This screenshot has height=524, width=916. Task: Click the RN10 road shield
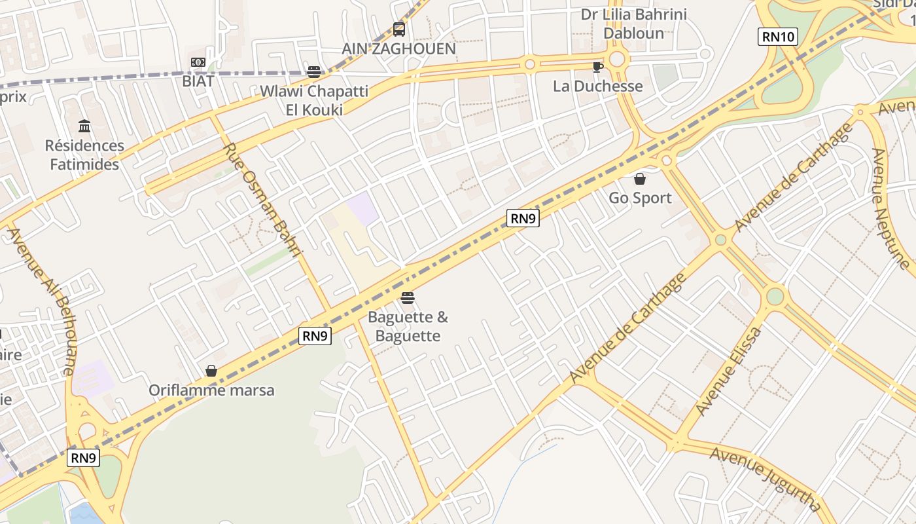[778, 37]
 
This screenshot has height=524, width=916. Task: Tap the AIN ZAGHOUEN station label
[398, 48]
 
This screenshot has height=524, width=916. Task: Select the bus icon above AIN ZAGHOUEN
[398, 29]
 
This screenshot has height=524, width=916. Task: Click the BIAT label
[198, 81]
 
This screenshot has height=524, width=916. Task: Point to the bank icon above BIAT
[198, 62]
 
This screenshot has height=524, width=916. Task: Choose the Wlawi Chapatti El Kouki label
[314, 100]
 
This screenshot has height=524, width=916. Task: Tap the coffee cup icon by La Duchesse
[597, 67]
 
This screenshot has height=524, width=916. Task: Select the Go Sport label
[640, 198]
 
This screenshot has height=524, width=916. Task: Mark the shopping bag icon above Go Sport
[640, 178]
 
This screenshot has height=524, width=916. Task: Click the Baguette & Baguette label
[408, 327]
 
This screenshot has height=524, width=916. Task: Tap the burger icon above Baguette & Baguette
[408, 298]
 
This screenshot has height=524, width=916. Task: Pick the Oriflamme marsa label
[211, 390]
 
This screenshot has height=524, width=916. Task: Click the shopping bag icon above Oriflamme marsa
[211, 371]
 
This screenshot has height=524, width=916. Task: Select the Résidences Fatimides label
[84, 155]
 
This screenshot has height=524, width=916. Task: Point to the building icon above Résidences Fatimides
[84, 126]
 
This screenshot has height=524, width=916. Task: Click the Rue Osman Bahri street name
[263, 199]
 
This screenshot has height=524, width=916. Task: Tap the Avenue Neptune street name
[890, 209]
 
